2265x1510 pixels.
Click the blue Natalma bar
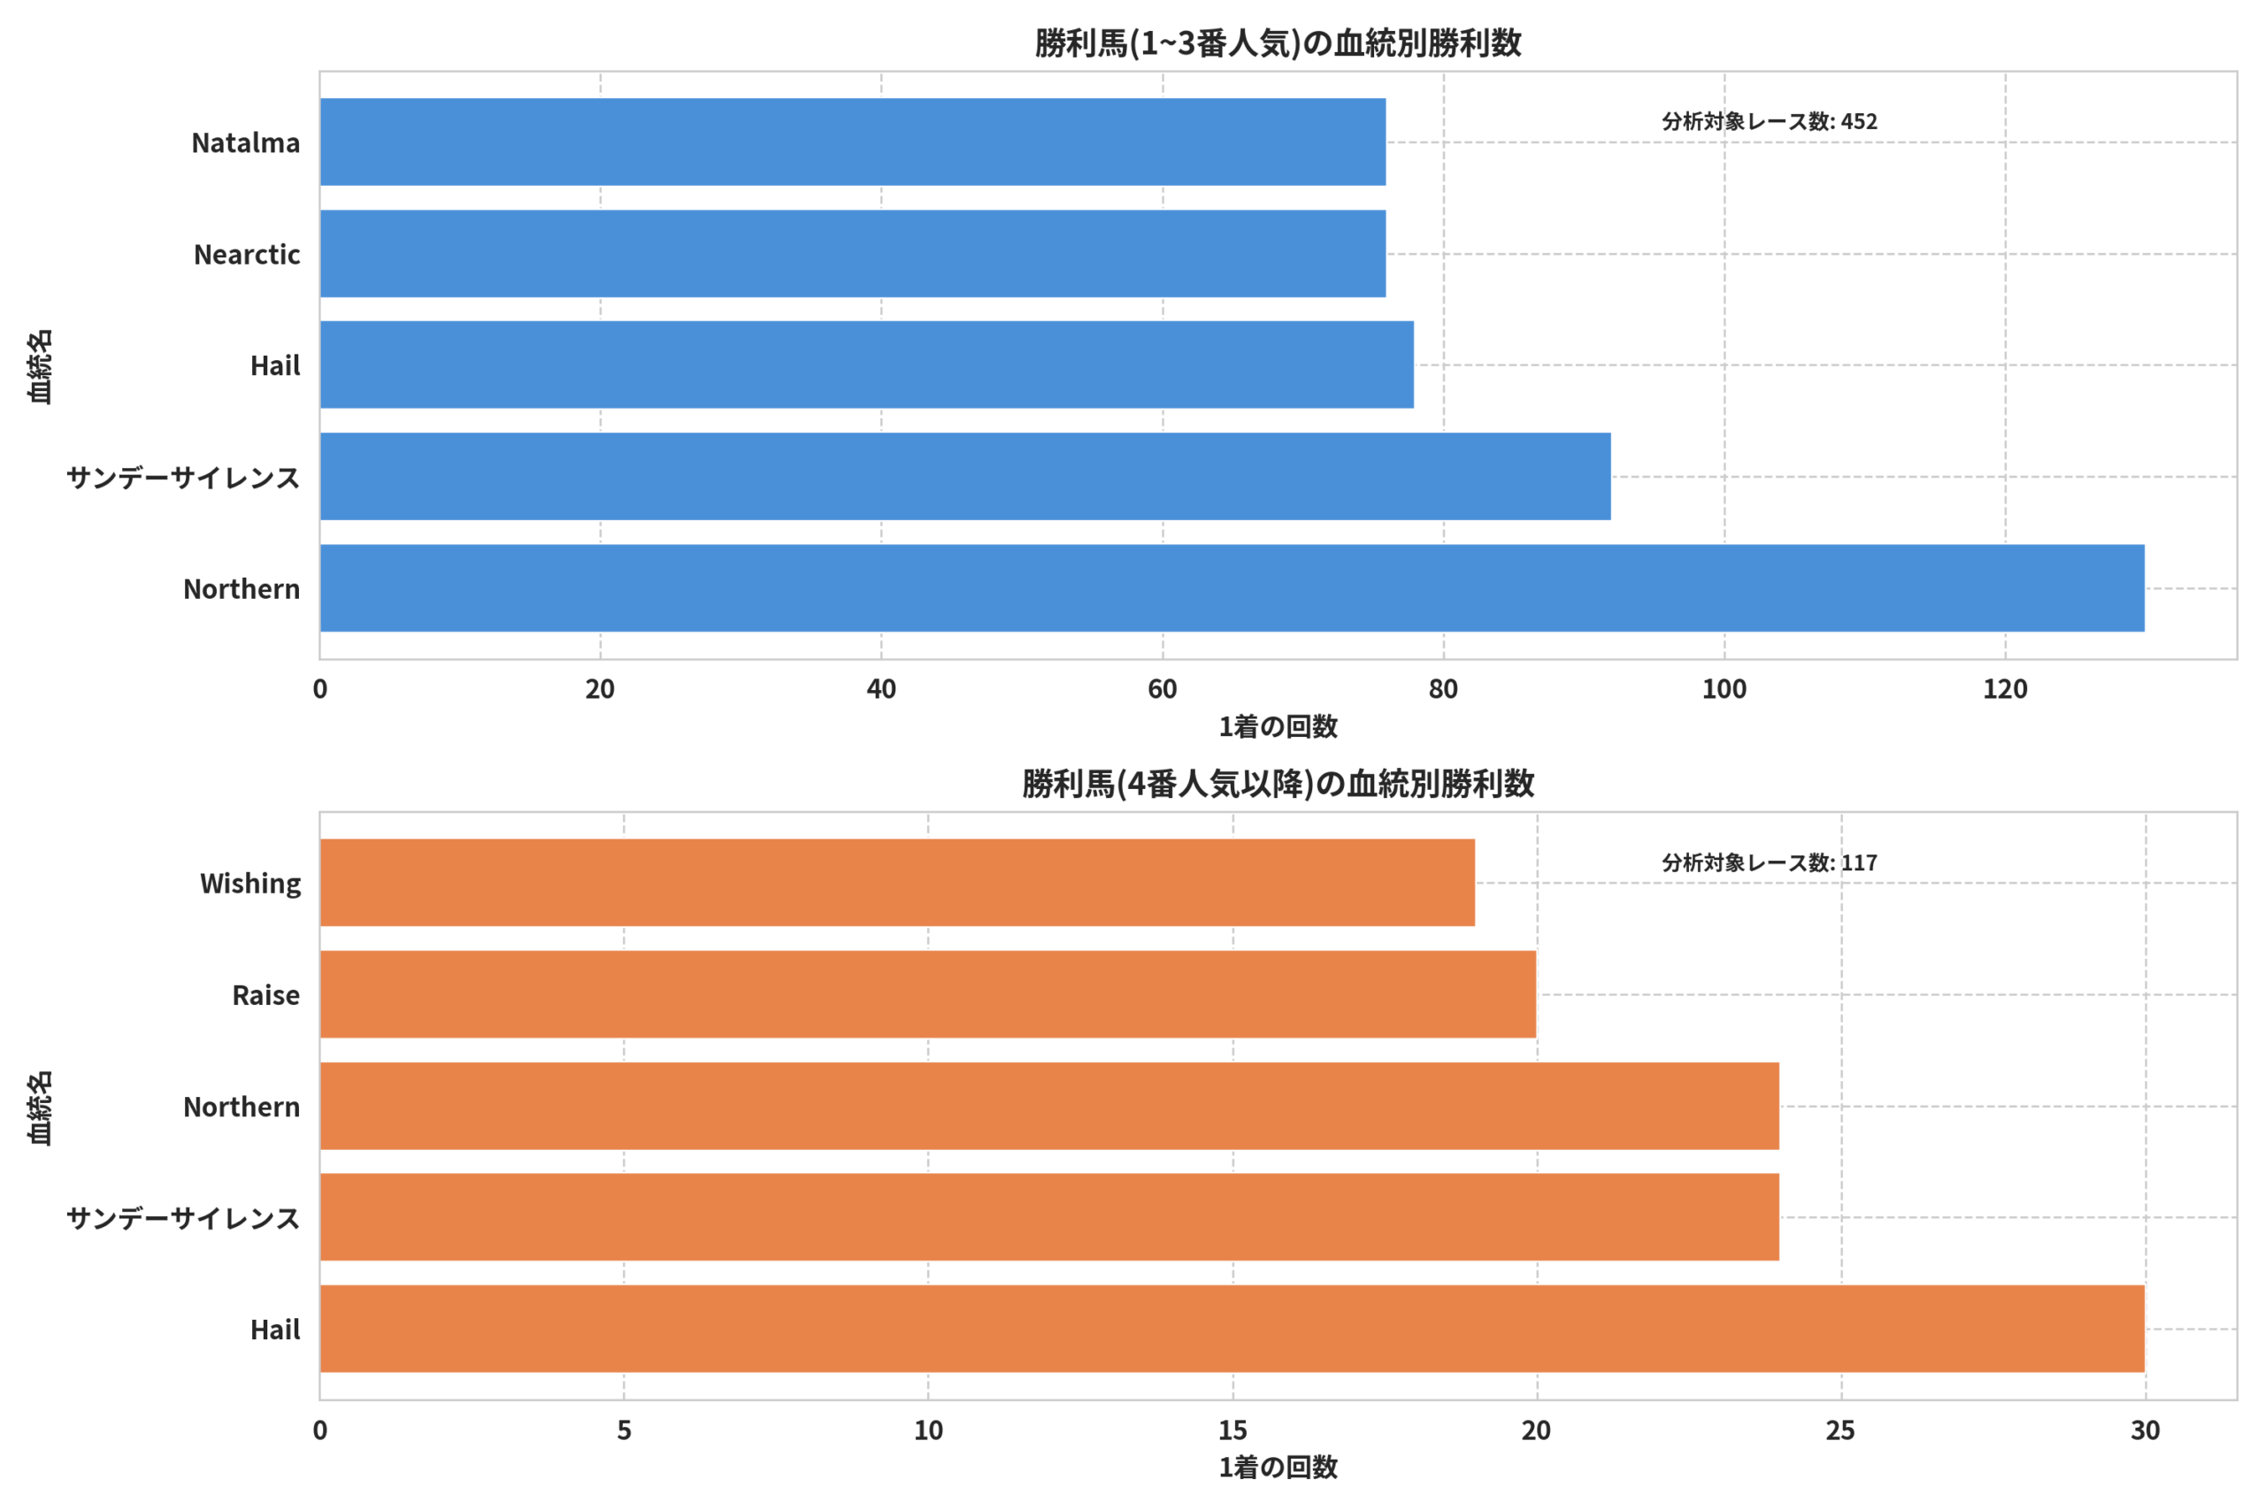click(x=852, y=142)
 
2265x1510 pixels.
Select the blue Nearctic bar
click(x=852, y=253)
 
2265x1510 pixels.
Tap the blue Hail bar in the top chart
click(x=867, y=365)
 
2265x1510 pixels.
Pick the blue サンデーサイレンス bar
click(x=965, y=477)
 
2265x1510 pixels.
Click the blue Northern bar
click(x=1232, y=588)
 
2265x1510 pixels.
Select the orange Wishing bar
click(x=896, y=883)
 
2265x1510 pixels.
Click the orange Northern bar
click(x=1048, y=1107)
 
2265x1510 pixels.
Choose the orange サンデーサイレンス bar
click(x=1048, y=1217)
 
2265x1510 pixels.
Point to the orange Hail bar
click(x=1232, y=1329)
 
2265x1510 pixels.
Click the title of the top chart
click(x=1278, y=43)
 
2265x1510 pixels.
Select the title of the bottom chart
click(x=1278, y=784)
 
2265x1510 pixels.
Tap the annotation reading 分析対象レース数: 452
click(x=1769, y=121)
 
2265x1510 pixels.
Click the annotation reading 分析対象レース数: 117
click(x=1769, y=862)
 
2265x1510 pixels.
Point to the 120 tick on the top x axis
click(x=2005, y=689)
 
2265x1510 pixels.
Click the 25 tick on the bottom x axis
click(x=1840, y=1430)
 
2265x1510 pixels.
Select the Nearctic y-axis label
click(x=247, y=254)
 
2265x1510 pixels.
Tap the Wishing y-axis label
click(x=250, y=884)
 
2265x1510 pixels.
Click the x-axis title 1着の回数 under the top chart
click(x=1278, y=727)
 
